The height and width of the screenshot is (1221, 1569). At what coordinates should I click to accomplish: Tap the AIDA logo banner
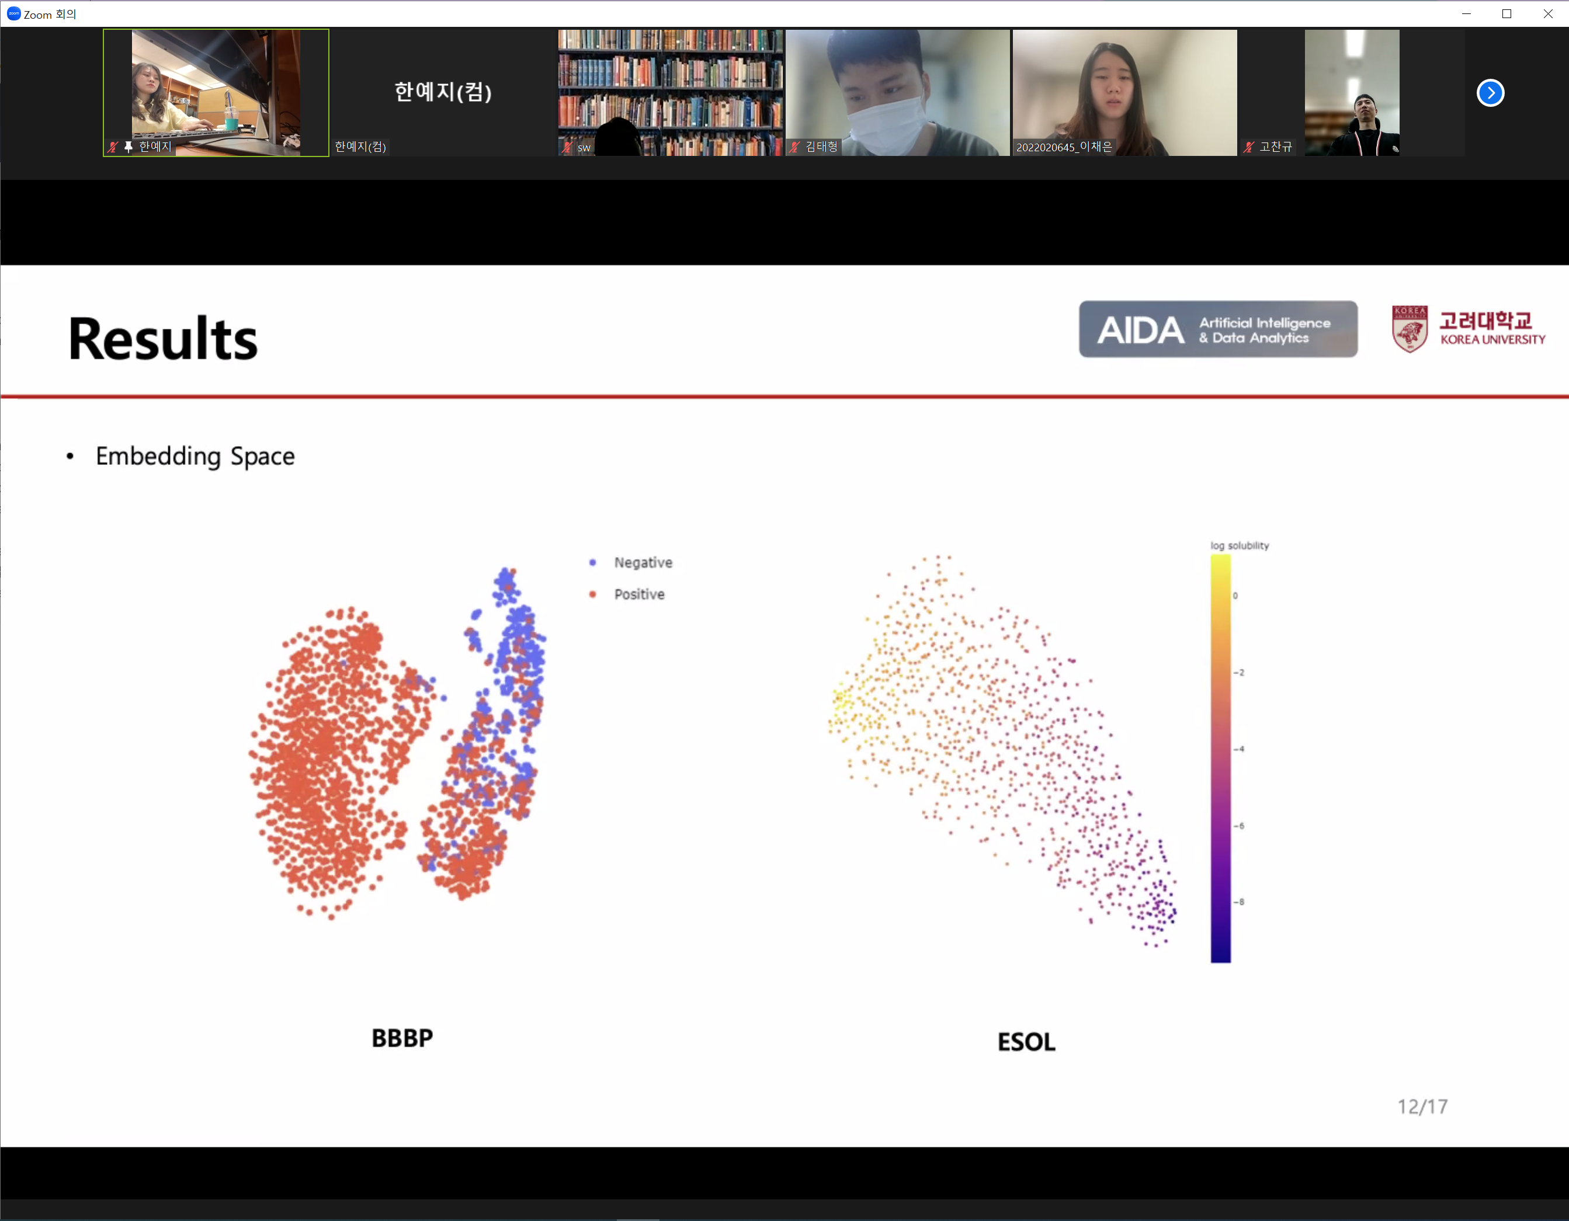pos(1218,329)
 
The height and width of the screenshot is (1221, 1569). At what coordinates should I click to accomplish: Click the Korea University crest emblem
pos(1410,329)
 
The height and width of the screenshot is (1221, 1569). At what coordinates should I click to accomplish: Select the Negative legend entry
pos(631,562)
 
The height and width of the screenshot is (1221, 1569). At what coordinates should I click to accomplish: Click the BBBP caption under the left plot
pos(402,1038)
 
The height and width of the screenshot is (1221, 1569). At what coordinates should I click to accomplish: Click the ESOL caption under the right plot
pos(1026,1042)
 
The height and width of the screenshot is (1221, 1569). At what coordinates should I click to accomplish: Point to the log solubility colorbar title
pos(1239,546)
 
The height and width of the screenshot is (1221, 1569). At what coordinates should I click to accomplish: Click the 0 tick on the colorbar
pos(1235,596)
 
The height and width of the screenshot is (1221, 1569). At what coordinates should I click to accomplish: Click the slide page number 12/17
pos(1422,1107)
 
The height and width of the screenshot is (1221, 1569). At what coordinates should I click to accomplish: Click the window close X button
pos(1548,13)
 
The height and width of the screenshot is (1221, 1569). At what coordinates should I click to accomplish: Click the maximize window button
pos(1507,13)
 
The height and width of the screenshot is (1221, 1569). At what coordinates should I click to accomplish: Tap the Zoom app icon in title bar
pos(13,13)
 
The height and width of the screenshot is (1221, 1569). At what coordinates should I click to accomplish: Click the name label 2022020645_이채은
pos(1064,147)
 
